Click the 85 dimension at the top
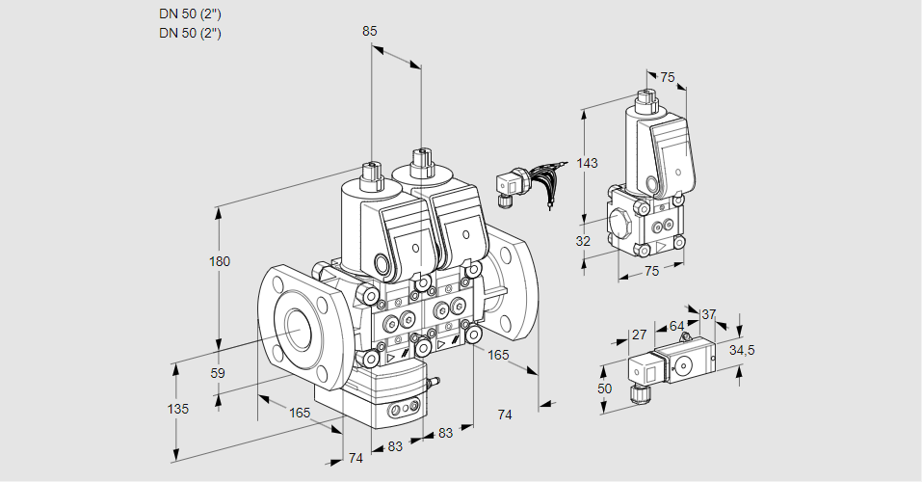[370, 31]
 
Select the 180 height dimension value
[221, 262]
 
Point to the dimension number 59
[218, 373]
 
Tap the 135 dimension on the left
[178, 409]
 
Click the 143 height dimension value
[588, 163]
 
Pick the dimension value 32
[583, 241]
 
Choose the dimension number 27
[639, 335]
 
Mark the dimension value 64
[676, 326]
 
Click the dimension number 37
[709, 314]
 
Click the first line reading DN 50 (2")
[191, 14]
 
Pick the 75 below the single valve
[651, 272]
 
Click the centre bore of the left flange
[294, 331]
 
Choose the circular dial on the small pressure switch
[686, 365]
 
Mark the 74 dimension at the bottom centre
[356, 458]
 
